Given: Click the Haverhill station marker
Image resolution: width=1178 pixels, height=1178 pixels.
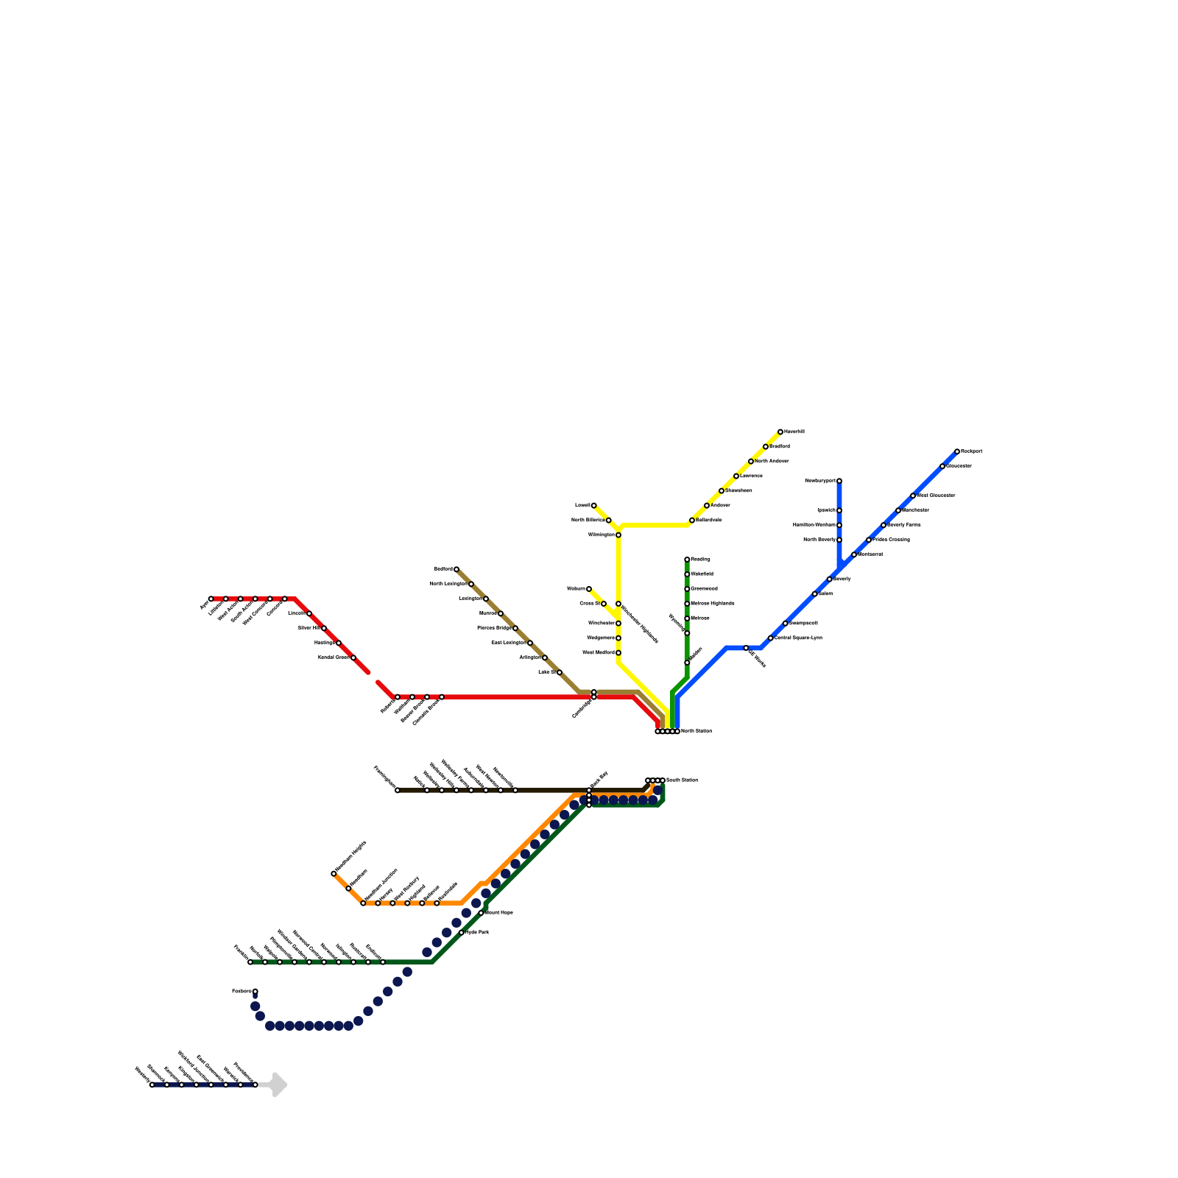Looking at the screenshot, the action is [x=780, y=432].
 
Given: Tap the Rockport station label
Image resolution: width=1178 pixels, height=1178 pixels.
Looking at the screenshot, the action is [x=972, y=451].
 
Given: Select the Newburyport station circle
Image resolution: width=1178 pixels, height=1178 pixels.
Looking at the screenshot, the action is [x=839, y=481].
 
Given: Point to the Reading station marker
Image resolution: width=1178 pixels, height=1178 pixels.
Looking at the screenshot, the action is [x=687, y=560].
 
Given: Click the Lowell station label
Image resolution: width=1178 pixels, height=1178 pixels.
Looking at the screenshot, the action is [x=582, y=505].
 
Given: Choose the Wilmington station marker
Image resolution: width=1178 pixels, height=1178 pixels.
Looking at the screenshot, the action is [x=618, y=535].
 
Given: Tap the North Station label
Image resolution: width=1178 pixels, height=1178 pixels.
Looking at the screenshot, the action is [x=696, y=731].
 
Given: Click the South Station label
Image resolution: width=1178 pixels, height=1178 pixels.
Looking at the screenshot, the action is [x=682, y=780].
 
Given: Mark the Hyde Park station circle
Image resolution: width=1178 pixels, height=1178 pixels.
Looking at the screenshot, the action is [x=462, y=933].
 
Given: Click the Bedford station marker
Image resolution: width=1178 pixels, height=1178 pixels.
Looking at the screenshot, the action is [x=456, y=569].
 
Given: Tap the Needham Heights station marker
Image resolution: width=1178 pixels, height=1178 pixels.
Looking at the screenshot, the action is [x=334, y=874].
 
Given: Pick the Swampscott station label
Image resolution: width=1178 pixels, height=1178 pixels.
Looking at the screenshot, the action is [x=803, y=623].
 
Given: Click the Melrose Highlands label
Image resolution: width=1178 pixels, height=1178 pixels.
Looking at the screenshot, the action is [x=713, y=603].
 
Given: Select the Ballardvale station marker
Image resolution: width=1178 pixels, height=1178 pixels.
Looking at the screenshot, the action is [x=692, y=521].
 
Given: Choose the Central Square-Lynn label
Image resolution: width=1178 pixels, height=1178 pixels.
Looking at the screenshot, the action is [x=798, y=638].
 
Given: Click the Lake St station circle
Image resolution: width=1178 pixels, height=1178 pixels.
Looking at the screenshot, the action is [x=560, y=672].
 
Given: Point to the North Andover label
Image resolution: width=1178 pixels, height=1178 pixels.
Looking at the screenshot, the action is [x=772, y=461].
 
